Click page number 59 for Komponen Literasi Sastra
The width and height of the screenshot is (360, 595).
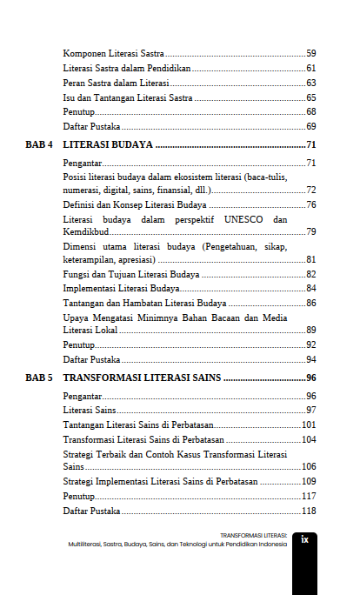pos(310,54)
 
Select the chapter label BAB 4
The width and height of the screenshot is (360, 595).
pos(40,144)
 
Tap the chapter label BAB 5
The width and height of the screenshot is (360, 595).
pos(40,378)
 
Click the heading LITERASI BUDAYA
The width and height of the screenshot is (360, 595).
pos(109,144)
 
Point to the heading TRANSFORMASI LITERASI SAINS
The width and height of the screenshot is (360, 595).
pos(143,378)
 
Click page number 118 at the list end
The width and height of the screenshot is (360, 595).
pos(308,511)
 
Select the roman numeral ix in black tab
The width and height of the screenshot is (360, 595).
pos(304,540)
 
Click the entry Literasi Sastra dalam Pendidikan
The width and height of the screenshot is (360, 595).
pos(127,68)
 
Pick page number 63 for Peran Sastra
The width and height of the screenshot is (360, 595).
pos(310,83)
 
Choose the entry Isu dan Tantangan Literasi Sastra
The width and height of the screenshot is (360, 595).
pos(128,97)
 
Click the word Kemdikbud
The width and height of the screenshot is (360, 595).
pos(86,232)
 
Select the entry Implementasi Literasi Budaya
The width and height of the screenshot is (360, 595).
pos(122,288)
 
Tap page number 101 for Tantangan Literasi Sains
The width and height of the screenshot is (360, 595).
pos(308,425)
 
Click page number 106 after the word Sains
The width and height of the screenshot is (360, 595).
pos(308,467)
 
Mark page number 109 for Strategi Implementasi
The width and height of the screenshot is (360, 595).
pos(308,481)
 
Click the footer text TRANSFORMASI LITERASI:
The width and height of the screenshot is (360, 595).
pos(253,535)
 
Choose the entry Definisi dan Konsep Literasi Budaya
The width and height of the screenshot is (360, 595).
pos(135,204)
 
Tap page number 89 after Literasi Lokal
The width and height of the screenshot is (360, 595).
pos(310,331)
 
